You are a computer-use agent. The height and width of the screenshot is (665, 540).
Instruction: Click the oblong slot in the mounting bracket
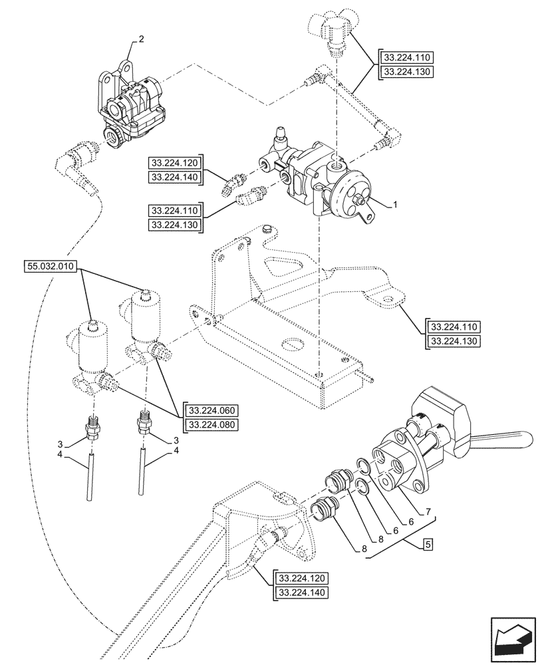[293, 344]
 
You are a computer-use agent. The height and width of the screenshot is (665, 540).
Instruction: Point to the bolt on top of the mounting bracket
[267, 230]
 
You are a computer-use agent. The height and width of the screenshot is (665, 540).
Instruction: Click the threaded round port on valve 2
[112, 138]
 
